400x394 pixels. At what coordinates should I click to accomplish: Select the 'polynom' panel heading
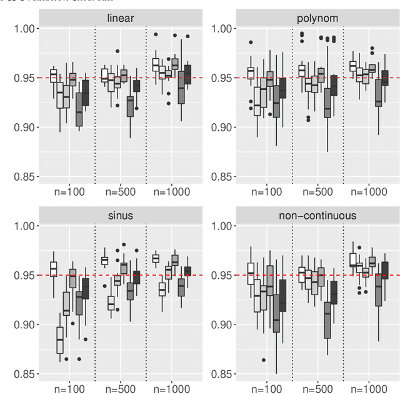(317, 18)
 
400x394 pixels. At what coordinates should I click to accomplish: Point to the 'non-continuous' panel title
(317, 216)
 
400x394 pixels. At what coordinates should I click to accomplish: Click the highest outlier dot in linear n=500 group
(117, 51)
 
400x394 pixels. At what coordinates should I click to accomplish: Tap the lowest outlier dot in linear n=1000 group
(168, 103)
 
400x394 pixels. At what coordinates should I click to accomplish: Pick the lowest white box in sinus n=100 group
(60, 340)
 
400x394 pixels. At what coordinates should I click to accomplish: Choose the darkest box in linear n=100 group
(86, 93)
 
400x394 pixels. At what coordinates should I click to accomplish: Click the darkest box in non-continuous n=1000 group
(385, 270)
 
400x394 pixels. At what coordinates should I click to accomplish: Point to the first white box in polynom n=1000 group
(352, 66)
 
